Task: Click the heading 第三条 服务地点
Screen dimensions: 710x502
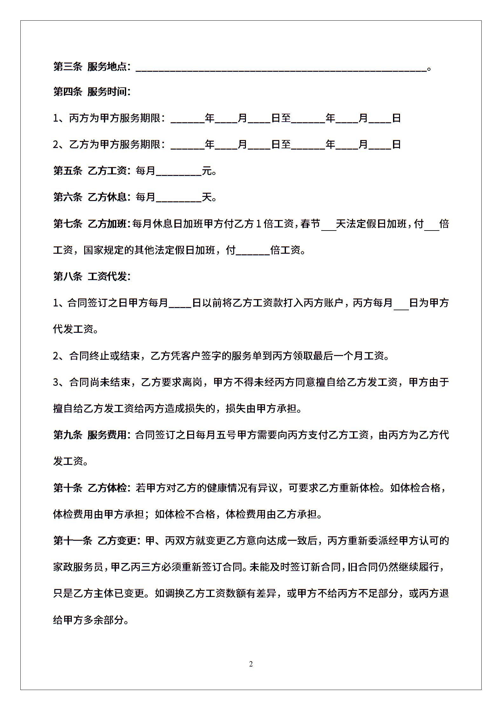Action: [92, 67]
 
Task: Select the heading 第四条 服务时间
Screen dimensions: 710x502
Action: [92, 92]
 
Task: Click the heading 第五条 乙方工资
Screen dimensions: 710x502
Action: [92, 171]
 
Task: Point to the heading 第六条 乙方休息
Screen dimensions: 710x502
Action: [92, 198]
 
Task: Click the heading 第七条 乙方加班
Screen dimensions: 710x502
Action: [92, 224]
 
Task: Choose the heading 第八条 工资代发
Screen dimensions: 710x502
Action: [92, 277]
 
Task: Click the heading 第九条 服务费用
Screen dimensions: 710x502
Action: [92, 435]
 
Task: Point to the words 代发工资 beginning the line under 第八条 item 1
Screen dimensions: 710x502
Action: [73, 329]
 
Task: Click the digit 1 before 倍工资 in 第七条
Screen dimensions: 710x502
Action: [258, 224]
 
